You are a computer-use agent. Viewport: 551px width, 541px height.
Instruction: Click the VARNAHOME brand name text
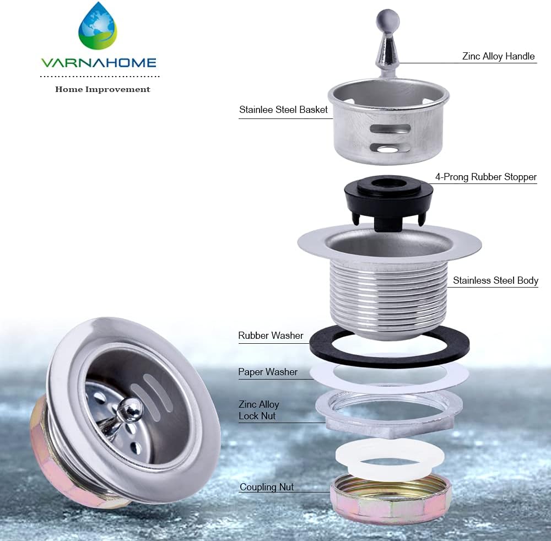coord(99,63)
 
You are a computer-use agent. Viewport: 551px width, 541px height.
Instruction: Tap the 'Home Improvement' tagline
coord(102,89)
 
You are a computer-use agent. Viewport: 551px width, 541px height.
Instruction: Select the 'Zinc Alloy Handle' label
coord(498,56)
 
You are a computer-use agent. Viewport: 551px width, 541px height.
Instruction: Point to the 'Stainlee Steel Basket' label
coord(283,110)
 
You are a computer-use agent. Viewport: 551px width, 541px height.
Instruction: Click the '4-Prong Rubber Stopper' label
coord(485,177)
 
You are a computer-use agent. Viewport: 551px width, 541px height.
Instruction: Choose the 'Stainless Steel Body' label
coord(495,280)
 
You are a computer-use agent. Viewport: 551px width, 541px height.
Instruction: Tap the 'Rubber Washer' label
coord(271,336)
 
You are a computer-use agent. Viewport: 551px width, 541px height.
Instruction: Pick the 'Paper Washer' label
coord(268,372)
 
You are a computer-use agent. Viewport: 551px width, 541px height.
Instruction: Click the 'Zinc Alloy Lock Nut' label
coord(258,410)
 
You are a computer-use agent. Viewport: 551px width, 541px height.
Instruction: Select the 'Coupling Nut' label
coord(267,487)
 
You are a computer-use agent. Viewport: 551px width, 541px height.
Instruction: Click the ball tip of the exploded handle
coord(387,20)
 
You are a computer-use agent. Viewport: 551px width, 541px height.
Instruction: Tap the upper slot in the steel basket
coord(391,128)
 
